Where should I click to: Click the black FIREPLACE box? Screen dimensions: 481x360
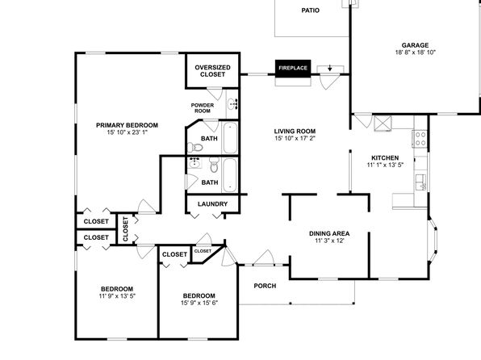293,68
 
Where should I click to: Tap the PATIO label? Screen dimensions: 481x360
310,10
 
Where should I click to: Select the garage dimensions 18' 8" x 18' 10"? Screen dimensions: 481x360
415,52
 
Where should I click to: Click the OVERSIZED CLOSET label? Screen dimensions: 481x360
212,71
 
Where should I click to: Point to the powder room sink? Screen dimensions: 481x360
232,104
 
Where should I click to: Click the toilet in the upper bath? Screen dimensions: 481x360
195,148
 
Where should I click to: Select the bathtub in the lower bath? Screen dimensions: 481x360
230,175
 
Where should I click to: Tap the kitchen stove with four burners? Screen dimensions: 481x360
420,139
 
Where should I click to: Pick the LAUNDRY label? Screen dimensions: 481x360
212,204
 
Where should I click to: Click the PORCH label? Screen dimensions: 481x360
265,286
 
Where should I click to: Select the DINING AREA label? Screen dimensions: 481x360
329,233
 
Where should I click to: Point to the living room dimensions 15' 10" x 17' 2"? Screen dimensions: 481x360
295,138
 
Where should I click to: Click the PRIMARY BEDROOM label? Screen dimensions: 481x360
127,125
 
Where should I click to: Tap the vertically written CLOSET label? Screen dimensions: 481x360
125,229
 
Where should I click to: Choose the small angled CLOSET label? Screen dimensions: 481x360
203,251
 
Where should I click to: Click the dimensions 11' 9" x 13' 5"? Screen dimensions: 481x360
117,296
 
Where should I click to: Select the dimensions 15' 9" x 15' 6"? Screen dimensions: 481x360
199,303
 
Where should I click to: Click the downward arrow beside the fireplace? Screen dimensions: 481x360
330,68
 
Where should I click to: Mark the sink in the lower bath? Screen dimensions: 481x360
194,163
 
